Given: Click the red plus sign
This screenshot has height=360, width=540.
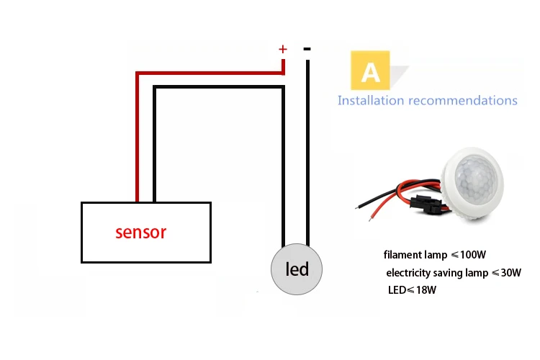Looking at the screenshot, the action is pyautogui.click(x=283, y=49).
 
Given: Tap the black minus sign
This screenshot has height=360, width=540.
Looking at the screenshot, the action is pyautogui.click(x=307, y=49).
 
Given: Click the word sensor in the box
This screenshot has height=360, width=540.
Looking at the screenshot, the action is pyautogui.click(x=141, y=233).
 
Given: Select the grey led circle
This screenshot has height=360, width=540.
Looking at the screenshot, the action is pyautogui.click(x=297, y=269).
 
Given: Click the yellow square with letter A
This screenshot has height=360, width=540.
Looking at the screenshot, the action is pyautogui.click(x=370, y=71).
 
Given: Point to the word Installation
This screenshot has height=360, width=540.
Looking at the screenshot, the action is pyautogui.click(x=371, y=100).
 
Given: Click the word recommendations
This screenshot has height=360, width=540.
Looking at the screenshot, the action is pyautogui.click(x=463, y=101).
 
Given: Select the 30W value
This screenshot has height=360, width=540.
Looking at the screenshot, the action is pyautogui.click(x=511, y=273).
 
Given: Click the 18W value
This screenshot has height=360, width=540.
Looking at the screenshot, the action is pyautogui.click(x=426, y=290).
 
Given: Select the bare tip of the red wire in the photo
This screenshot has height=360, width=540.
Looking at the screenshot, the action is pyautogui.click(x=371, y=218).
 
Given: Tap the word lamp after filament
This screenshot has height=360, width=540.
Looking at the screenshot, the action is pyautogui.click(x=436, y=256).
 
